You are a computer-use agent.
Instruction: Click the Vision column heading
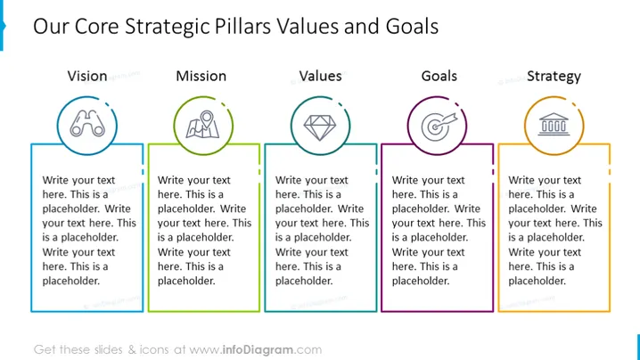pyautogui.click(x=87, y=76)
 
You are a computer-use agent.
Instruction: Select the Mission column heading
pyautogui.click(x=201, y=76)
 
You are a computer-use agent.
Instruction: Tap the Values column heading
pyautogui.click(x=320, y=76)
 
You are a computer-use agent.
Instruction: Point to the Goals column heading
pyautogui.click(x=439, y=76)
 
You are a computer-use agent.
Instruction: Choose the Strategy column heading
pyautogui.click(x=554, y=77)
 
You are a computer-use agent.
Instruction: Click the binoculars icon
pyautogui.click(x=87, y=124)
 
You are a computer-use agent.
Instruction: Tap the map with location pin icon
pyautogui.click(x=203, y=125)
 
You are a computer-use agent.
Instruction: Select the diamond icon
pyautogui.click(x=320, y=127)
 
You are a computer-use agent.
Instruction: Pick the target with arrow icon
pyautogui.click(x=439, y=127)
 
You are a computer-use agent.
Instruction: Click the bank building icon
pyautogui.click(x=554, y=124)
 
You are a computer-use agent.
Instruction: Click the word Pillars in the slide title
pyautogui.click(x=242, y=27)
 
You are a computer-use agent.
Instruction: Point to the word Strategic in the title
pyautogui.click(x=168, y=28)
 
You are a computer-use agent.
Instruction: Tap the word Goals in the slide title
pyautogui.click(x=412, y=27)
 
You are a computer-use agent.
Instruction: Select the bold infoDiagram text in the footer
pyautogui.click(x=258, y=350)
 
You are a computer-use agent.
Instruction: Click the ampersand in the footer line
pyautogui.click(x=132, y=350)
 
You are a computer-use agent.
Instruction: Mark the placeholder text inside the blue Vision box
pyautogui.click(x=89, y=230)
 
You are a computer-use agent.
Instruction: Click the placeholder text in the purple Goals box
pyautogui.click(x=439, y=230)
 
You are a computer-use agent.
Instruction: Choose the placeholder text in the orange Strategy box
pyautogui.click(x=555, y=230)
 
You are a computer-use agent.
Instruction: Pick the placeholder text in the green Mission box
pyautogui.click(x=204, y=230)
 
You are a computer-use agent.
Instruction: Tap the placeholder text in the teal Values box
pyautogui.click(x=322, y=230)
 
